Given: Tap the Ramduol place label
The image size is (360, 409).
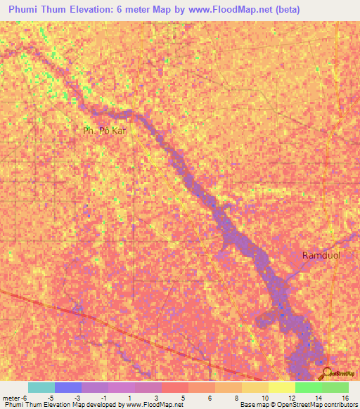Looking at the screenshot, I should coord(321,255).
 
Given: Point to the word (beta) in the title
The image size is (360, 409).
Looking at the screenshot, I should coord(288,10).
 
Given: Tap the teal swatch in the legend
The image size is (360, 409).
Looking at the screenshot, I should coord(41,387).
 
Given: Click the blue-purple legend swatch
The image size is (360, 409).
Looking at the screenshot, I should coord(68,387).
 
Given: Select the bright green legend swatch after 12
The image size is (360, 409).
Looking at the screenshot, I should coord(309,387).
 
